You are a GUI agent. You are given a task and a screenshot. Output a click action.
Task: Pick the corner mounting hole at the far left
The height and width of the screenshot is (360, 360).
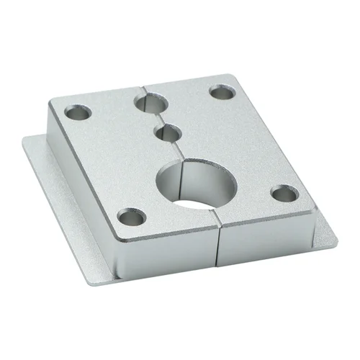click(x=78, y=112)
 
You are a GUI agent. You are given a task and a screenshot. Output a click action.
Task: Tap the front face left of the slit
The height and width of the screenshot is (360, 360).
click(x=166, y=245)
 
